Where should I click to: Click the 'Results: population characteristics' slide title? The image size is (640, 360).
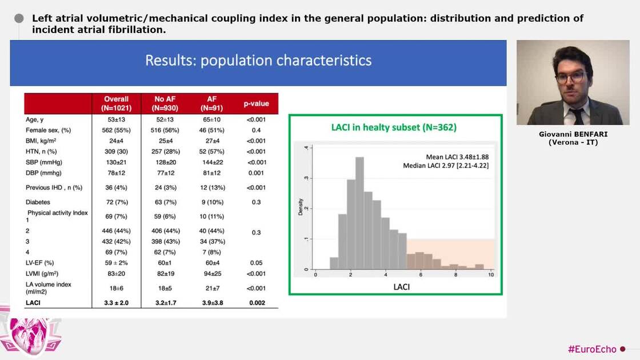pyautogui.click(x=258, y=61)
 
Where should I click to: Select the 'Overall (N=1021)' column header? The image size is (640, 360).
pyautogui.click(x=117, y=103)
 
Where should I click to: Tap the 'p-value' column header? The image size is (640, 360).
pyautogui.click(x=256, y=103)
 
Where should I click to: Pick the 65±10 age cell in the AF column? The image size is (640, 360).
pyautogui.click(x=211, y=119)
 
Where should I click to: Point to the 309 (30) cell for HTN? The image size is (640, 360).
pyautogui.click(x=117, y=151)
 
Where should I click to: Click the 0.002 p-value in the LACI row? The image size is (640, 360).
pyautogui.click(x=256, y=303)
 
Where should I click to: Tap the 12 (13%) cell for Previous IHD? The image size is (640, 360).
pyautogui.click(x=211, y=187)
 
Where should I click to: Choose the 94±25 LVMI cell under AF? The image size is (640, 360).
pyautogui.click(x=211, y=274)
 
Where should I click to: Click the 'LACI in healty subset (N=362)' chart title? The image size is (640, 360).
pyautogui.click(x=394, y=127)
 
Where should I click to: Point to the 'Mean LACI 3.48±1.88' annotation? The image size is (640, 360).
pyautogui.click(x=457, y=157)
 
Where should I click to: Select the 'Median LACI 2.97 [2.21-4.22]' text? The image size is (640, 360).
pyautogui.click(x=446, y=166)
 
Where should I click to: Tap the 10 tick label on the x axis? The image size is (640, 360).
pyautogui.click(x=490, y=275)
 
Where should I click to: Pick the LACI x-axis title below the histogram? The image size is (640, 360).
pyautogui.click(x=401, y=287)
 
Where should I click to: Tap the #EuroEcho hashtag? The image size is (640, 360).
pyautogui.click(x=592, y=349)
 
